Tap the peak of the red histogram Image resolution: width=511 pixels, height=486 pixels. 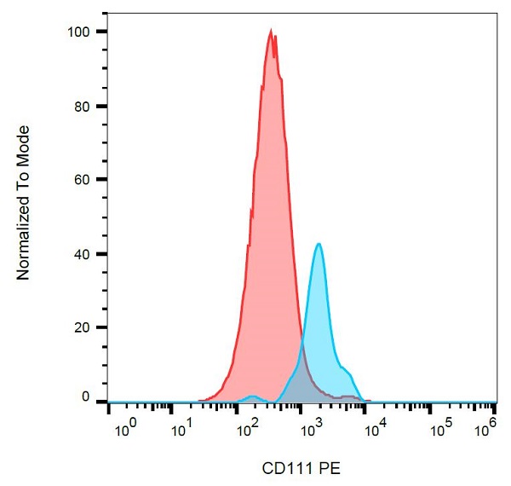pyautogui.click(x=271, y=32)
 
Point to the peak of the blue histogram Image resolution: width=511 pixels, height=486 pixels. pyautogui.click(x=319, y=244)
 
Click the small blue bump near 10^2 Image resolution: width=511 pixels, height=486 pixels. pyautogui.click(x=252, y=396)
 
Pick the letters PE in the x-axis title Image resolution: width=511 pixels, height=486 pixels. pyautogui.click(x=330, y=468)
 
